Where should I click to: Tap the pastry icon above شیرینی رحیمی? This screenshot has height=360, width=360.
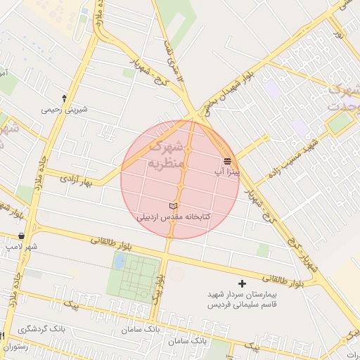point(65,98)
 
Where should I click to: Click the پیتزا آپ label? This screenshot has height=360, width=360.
point(228,171)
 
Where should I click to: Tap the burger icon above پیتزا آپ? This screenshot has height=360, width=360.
point(227,161)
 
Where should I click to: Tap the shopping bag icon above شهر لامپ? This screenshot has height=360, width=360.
point(21,236)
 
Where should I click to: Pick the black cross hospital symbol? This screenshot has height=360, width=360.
point(243,284)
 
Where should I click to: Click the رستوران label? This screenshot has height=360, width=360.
point(14,347)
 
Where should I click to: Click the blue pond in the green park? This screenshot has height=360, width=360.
point(120,262)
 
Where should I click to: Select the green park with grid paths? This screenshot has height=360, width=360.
point(134,277)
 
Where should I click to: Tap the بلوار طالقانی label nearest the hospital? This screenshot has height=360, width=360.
point(291,279)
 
